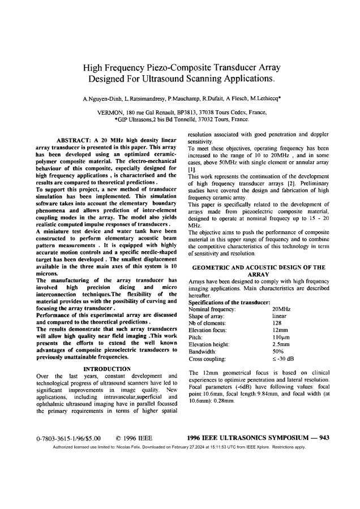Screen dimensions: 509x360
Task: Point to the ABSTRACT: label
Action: click(75, 140)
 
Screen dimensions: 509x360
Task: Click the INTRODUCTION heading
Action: click(107, 369)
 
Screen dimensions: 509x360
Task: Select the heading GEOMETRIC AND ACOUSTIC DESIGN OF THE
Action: click(259, 267)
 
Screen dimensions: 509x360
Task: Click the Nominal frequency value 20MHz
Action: click(281, 309)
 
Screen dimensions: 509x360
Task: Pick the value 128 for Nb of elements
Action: click(277, 323)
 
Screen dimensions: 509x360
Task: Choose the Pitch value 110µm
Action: click(281, 337)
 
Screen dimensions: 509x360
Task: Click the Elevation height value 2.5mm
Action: click(281, 344)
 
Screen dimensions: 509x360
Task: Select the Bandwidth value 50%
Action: click(277, 351)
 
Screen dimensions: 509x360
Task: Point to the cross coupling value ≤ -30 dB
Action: click(283, 359)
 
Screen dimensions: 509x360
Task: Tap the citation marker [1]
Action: click(192, 169)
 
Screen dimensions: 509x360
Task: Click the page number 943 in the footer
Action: click(324, 437)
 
